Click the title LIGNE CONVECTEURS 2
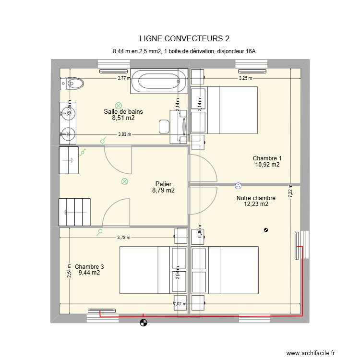click(x=180, y=38)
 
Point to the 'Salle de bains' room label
click(x=123, y=112)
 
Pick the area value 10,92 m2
click(x=267, y=165)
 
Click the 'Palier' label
click(x=163, y=184)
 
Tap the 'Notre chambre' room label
click(x=256, y=198)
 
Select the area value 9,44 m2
click(x=89, y=273)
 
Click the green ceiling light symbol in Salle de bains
click(x=119, y=106)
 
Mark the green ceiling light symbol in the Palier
click(x=125, y=181)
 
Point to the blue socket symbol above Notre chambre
click(x=238, y=185)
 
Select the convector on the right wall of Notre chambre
click(x=296, y=246)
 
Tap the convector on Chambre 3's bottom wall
click(x=100, y=311)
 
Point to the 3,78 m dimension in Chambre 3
click(x=124, y=237)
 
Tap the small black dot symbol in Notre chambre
click(x=266, y=229)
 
